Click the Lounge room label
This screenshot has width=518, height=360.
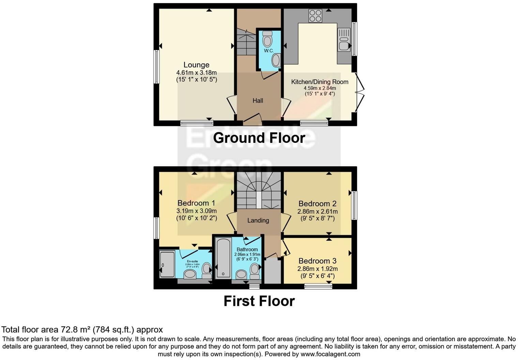click(x=196, y=65)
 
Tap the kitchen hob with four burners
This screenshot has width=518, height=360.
click(x=315, y=15)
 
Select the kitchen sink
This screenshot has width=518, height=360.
click(x=344, y=40)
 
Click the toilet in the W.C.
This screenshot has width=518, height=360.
click(x=268, y=40)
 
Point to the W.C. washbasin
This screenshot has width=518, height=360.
click(x=276, y=61)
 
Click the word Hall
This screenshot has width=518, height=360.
click(x=258, y=101)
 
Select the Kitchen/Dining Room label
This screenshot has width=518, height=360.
click(x=320, y=82)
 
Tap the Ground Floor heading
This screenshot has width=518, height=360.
click(x=259, y=138)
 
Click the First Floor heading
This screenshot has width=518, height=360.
click(x=259, y=301)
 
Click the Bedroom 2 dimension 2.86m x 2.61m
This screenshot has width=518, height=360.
click(x=317, y=211)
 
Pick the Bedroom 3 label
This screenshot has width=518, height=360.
click(x=317, y=261)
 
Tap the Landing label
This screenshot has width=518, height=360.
click(x=258, y=221)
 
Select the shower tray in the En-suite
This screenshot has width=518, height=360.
click(x=167, y=264)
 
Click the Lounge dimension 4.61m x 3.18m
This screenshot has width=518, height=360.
click(x=196, y=73)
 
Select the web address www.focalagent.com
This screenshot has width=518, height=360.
click(x=330, y=354)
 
